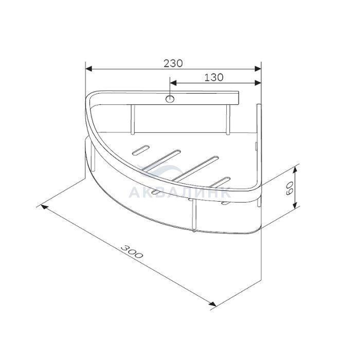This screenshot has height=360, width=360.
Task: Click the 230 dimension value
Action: pyautogui.click(x=173, y=63)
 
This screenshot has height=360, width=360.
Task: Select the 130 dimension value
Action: pyautogui.click(x=213, y=77)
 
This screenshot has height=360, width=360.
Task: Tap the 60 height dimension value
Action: pyautogui.click(x=290, y=188)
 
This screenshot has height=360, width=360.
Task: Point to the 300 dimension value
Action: pyautogui.click(x=132, y=251)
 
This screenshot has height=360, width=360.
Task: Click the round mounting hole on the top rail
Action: pyautogui.click(x=170, y=99)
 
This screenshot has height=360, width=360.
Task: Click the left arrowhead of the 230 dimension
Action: pyautogui.click(x=88, y=68)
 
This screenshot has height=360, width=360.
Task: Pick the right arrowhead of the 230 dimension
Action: pyautogui.click(x=258, y=68)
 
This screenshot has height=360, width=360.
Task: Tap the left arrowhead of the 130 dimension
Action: pyautogui.click(x=173, y=83)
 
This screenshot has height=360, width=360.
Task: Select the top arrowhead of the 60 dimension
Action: pyautogui.click(x=295, y=170)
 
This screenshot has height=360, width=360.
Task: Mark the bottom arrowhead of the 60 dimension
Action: pyautogui.click(x=295, y=204)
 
